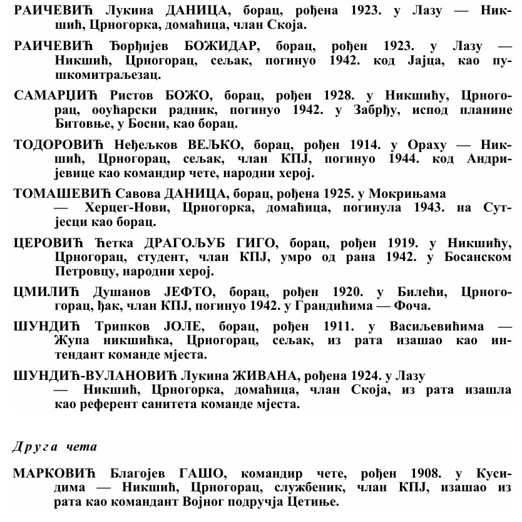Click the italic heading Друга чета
pos(54,447)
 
